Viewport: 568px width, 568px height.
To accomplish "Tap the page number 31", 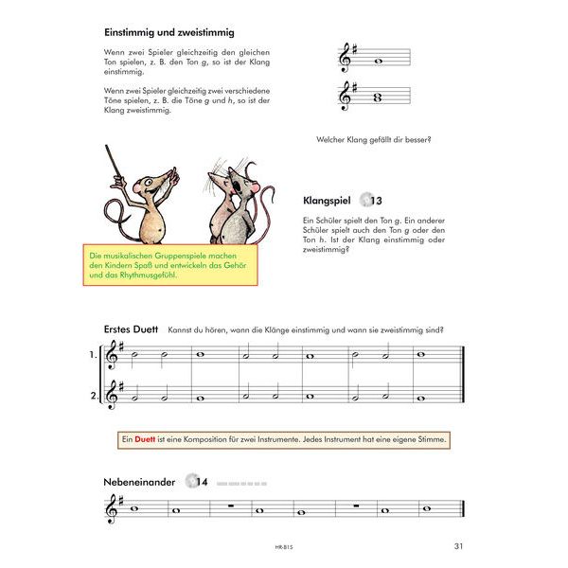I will click(458, 544).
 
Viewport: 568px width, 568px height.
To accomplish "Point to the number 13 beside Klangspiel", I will click(376, 201).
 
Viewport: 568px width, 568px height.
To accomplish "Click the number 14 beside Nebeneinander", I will click(202, 482).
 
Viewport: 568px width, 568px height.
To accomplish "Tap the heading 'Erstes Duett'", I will click(132, 329).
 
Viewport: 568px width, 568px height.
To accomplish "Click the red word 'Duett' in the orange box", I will click(145, 439).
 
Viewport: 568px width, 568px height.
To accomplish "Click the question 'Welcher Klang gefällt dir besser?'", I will click(374, 140).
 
